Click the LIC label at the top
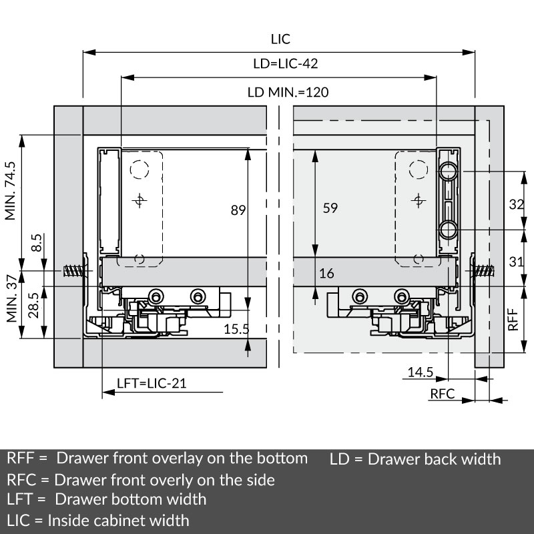coord(280,39)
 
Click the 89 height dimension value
coord(238,210)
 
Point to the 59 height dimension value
coord(330,208)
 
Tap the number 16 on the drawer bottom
coord(326,274)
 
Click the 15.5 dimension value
coord(236,329)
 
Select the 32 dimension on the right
coord(516,204)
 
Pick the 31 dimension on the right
coord(516,262)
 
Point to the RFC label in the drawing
coord(442,394)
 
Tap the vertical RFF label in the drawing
coord(513,319)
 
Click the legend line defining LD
coord(415,459)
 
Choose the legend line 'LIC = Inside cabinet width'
coord(98,520)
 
